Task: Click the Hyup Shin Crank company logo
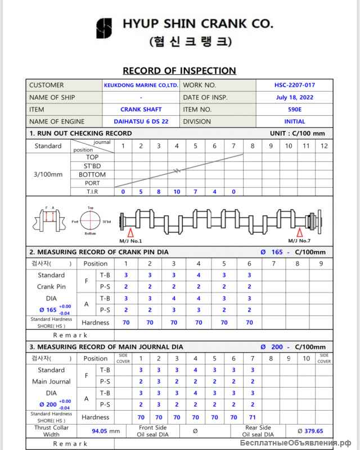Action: tap(104, 29)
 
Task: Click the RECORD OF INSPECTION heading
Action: tap(179, 70)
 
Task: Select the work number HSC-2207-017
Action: tap(294, 85)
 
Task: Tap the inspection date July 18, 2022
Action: tap(294, 97)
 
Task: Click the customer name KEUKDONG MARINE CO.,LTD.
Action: tap(141, 85)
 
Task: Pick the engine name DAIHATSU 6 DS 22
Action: tap(141, 121)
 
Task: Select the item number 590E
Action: tap(294, 110)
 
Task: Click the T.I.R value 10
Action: tap(177, 192)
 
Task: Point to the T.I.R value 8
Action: tap(159, 192)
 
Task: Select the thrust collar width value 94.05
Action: tap(101, 431)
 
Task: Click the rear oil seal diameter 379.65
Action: tap(313, 431)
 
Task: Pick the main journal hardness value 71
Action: tap(252, 417)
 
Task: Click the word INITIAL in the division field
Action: tap(294, 121)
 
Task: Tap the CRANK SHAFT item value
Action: tap(141, 110)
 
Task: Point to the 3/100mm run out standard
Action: tap(48, 174)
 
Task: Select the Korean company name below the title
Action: tap(191, 42)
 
